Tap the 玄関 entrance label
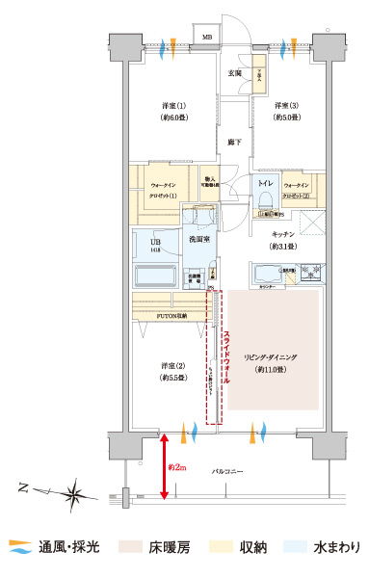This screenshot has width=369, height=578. (234, 72)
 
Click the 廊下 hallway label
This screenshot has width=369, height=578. (234, 143)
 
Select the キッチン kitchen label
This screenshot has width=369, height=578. (283, 234)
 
